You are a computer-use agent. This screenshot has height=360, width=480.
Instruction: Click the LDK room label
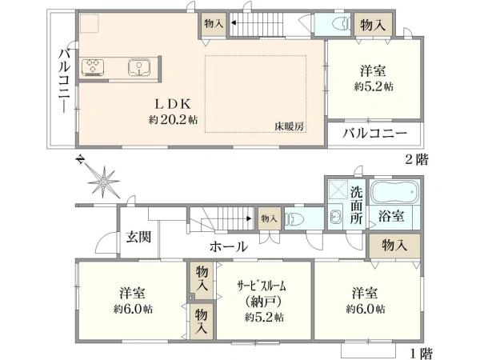tap(172, 104)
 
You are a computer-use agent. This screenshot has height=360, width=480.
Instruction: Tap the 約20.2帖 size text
tap(173, 120)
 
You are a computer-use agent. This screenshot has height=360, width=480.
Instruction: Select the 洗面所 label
tap(358, 204)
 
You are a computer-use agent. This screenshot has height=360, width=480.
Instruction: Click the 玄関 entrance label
tap(137, 238)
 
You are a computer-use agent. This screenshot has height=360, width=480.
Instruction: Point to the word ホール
tap(230, 246)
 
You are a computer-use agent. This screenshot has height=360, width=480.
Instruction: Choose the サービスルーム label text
tap(262, 286)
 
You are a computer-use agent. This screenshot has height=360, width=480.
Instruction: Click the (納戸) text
tap(262, 302)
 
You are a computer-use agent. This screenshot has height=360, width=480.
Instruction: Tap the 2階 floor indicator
tap(417, 159)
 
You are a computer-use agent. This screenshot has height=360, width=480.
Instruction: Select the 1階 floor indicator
tap(422, 352)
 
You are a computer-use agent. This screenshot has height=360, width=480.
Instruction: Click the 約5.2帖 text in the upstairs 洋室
tap(374, 86)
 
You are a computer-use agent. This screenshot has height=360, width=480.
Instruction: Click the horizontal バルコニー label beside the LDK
tap(376, 134)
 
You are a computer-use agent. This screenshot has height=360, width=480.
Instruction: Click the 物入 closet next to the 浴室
tap(393, 245)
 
